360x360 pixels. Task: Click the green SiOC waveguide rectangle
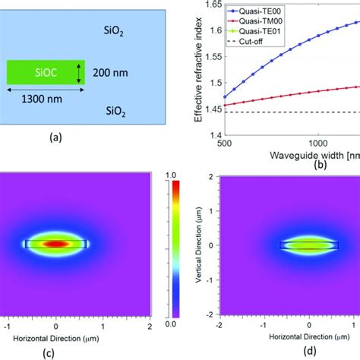click(x=42, y=73)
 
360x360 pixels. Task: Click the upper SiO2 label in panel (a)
click(x=114, y=33)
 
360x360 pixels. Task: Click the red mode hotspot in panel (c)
click(x=56, y=245)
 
